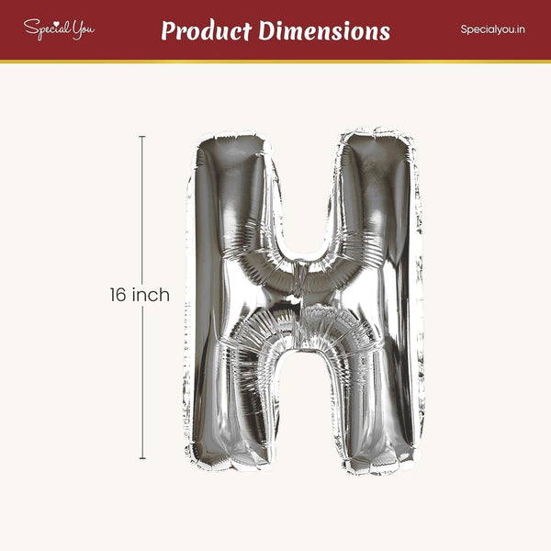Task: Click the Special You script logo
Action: (59, 29)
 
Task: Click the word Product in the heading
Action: (207, 31)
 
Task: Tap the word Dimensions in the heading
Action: (324, 30)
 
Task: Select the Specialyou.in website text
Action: (492, 29)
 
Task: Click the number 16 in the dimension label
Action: (118, 295)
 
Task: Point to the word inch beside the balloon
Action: (151, 295)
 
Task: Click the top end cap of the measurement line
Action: (142, 136)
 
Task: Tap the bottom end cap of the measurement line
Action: (142, 458)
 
